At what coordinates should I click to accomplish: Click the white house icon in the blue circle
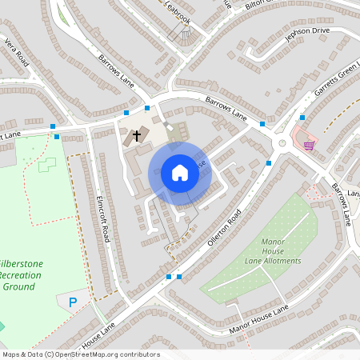click(x=180, y=172)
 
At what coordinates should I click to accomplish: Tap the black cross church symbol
click(x=137, y=135)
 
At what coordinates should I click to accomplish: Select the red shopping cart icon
click(x=309, y=145)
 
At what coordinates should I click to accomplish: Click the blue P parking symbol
click(x=73, y=302)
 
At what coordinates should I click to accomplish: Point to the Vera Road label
click(x=16, y=50)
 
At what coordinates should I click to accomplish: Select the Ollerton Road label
click(x=223, y=228)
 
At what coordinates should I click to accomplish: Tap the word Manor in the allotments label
click(x=274, y=242)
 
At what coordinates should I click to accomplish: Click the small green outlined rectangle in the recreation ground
click(x=48, y=164)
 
